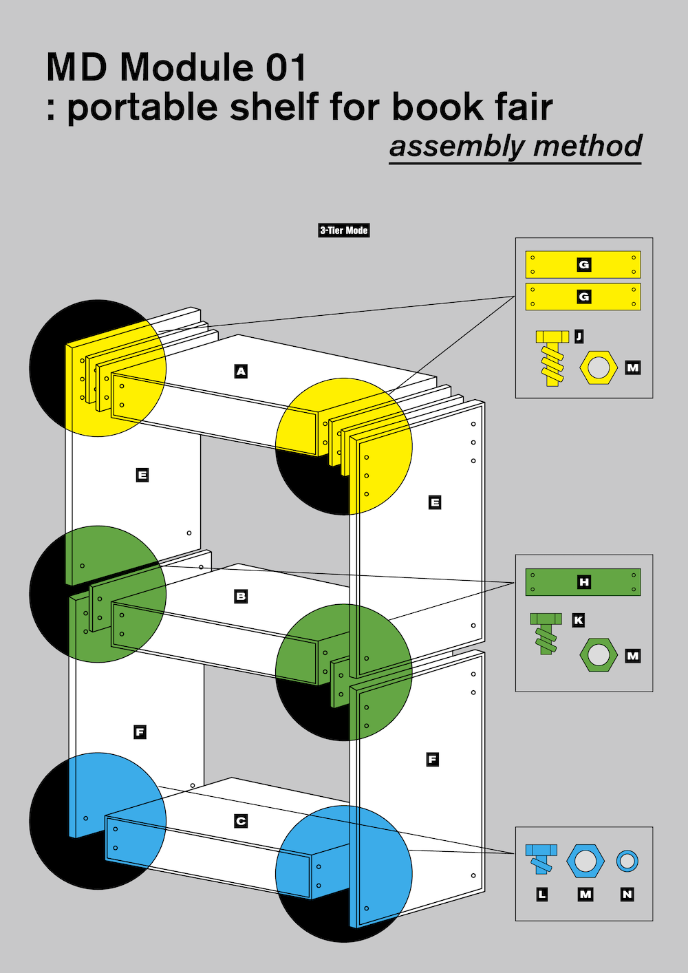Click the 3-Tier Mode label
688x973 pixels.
tap(344, 231)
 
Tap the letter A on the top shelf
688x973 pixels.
tap(241, 372)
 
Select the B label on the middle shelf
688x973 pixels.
tap(241, 596)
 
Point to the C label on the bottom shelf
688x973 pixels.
tap(241, 821)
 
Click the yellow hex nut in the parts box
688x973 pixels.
tap(598, 368)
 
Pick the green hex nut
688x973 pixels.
tap(598, 656)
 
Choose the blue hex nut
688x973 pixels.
tap(585, 862)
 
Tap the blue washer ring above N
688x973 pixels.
tap(627, 861)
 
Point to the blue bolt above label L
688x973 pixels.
tap(541, 857)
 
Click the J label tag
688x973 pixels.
tap(579, 336)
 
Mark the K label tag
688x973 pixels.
tap(579, 620)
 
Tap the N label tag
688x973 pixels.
tap(627, 894)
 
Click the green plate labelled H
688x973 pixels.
tap(583, 582)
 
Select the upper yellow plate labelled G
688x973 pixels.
tap(583, 264)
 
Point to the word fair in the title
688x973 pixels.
tap(524, 107)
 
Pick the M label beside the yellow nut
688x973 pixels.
tap(633, 367)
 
